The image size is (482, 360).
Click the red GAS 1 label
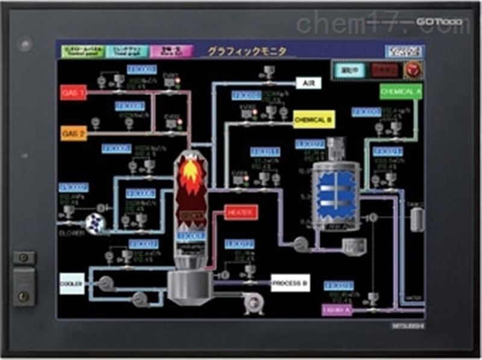74,92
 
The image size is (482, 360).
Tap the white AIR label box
308,83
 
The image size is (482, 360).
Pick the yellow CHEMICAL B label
313,120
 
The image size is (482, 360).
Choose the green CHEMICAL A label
400,91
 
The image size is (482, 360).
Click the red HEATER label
242,212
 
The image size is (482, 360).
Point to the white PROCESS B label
290,282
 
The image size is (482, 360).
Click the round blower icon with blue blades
95,223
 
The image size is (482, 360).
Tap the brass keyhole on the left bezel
23,295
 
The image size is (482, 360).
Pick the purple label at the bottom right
337,310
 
